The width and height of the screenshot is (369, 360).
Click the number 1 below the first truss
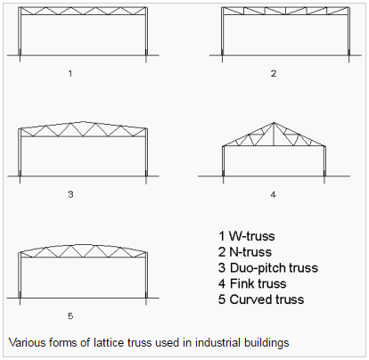[x=70, y=73]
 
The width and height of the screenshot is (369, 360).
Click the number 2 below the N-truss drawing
[x=274, y=73]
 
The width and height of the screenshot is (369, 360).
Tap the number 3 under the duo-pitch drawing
[x=70, y=194]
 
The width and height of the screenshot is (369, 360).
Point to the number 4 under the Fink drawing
[x=274, y=194]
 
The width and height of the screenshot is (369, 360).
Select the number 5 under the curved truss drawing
[x=70, y=315]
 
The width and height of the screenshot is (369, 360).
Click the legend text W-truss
[x=252, y=236]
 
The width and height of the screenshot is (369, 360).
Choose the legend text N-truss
[x=250, y=252]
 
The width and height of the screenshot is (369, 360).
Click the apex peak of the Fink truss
[x=274, y=122]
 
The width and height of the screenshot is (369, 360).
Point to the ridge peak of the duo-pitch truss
[x=83, y=121]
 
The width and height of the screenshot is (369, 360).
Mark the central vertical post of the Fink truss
[x=274, y=135]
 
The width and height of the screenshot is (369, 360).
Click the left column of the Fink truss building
[x=223, y=163]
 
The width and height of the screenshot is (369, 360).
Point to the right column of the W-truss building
[x=146, y=34]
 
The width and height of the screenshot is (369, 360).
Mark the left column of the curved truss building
[x=20, y=279]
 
